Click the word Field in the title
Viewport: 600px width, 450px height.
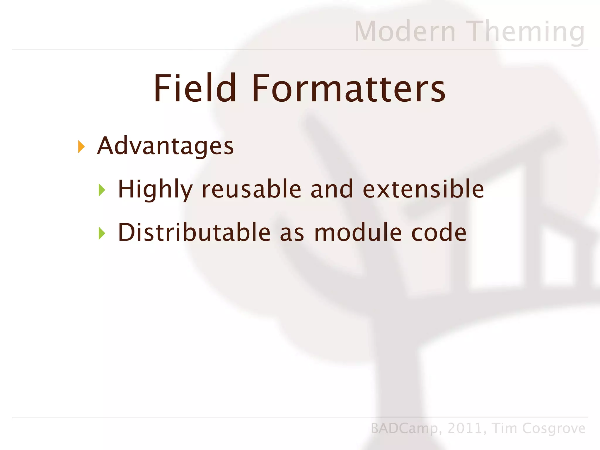(x=195, y=88)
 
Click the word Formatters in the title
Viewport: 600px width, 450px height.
(x=348, y=88)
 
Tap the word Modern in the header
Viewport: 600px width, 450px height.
(x=405, y=32)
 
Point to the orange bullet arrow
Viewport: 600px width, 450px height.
(x=81, y=146)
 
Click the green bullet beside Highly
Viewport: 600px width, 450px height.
(x=102, y=190)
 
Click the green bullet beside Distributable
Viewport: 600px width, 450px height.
(x=102, y=233)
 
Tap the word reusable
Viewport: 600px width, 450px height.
(x=252, y=189)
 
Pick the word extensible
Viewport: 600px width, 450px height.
(x=423, y=189)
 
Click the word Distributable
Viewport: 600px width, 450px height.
(x=194, y=232)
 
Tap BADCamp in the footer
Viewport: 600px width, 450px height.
(x=404, y=428)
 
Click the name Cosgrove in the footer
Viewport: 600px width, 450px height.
(x=553, y=428)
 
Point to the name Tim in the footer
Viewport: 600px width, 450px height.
(x=504, y=428)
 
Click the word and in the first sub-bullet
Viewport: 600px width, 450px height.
(x=332, y=189)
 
